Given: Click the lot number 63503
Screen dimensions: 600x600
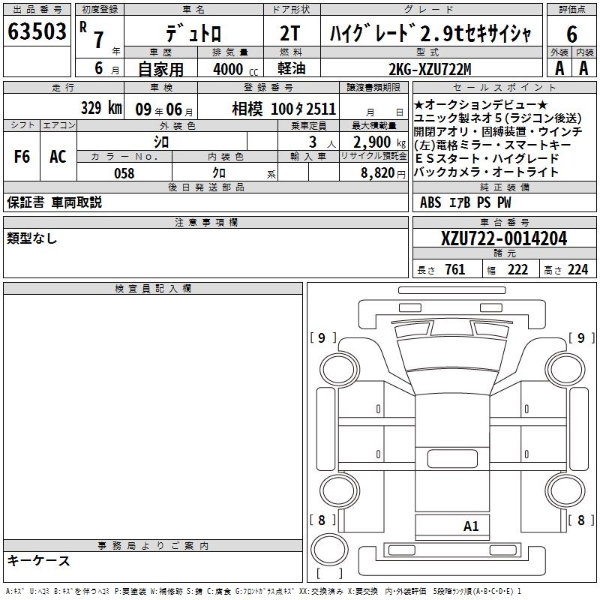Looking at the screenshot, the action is pos(37,31).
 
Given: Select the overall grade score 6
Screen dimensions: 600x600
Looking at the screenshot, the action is pos(571,34).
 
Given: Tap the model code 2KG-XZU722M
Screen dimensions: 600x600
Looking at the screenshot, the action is pos(430,69).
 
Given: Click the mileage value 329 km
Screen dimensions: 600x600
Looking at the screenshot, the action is pos(101,108).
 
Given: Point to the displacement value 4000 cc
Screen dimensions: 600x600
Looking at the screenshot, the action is pos(235,69).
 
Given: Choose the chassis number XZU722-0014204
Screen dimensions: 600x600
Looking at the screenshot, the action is pos(504,238).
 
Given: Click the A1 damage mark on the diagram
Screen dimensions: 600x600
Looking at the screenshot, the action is pos(471,526).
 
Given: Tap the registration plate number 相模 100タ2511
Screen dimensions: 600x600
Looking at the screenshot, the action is pos(284,109).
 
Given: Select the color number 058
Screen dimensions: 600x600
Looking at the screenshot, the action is pos(124,173).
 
